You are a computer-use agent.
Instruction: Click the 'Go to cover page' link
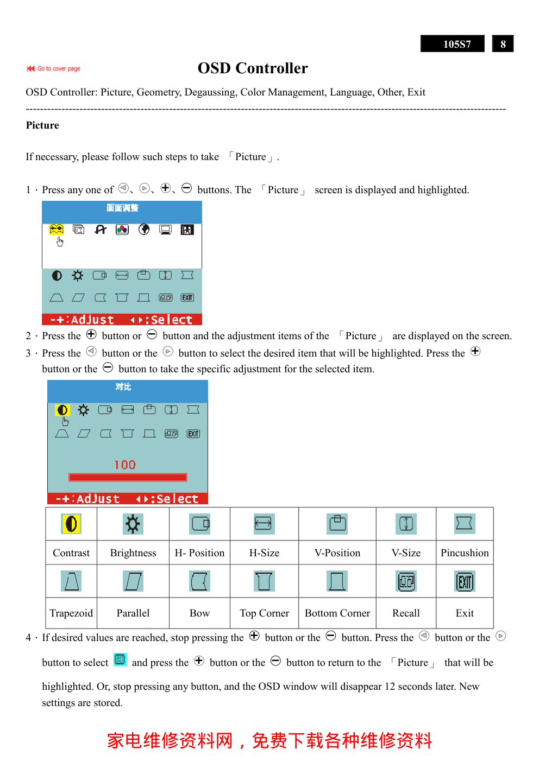pos(54,69)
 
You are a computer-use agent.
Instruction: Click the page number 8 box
pos(503,44)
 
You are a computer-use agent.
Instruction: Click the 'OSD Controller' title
pos(253,68)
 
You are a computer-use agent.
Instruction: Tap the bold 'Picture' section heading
pos(42,125)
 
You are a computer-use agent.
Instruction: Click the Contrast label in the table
pos(71,553)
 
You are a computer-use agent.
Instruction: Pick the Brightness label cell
pos(133,553)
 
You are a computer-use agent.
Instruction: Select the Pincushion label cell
pos(465,553)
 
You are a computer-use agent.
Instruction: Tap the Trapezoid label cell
pos(71,613)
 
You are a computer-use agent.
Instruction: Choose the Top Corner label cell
pos(265,613)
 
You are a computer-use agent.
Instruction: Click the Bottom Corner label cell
pos(337,613)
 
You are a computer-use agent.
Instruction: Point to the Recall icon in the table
pos(406,582)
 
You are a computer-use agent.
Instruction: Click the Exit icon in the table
pos(465,582)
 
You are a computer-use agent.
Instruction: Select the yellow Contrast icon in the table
pos(71,524)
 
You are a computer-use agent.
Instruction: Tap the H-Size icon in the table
pos(264,524)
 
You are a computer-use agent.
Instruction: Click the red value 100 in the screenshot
pos(125,465)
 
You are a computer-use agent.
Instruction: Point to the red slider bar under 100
pos(128,478)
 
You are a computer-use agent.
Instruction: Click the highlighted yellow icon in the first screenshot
pos(57,230)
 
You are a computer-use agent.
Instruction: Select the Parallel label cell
pos(133,613)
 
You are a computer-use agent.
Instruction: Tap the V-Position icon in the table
pos(337,524)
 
